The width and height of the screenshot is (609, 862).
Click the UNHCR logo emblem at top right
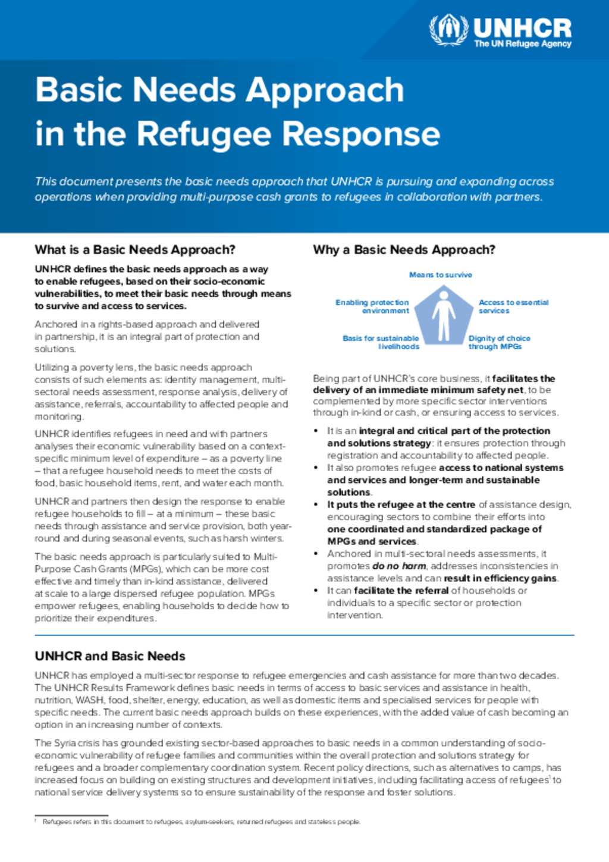click(449, 29)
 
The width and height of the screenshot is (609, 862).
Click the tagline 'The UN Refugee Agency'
click(522, 44)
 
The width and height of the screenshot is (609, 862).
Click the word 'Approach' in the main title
click(325, 90)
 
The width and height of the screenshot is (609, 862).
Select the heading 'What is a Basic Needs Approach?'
click(135, 250)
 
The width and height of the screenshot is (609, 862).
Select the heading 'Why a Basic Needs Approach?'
click(404, 250)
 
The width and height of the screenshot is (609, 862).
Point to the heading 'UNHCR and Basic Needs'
click(110, 656)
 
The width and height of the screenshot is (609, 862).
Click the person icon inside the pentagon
click(444, 315)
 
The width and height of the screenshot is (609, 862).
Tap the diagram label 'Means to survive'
click(440, 275)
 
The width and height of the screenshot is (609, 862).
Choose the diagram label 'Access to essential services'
click(513, 306)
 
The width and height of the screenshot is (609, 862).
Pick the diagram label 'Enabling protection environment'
click(373, 306)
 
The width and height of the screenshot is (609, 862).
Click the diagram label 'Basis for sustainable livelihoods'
click(381, 342)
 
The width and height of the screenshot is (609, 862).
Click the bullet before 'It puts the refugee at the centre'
click(317, 504)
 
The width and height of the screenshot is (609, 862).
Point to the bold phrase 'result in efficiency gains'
click(500, 578)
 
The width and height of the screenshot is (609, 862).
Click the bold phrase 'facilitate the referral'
click(401, 591)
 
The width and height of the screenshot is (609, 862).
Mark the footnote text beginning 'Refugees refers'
click(201, 822)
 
